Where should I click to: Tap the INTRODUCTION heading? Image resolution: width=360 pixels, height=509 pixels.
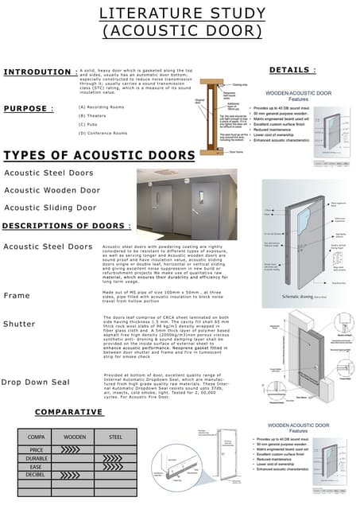pos(37,72)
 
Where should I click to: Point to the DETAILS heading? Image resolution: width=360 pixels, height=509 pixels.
pos(291,70)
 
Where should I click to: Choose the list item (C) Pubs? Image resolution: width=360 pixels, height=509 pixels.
pos(91,124)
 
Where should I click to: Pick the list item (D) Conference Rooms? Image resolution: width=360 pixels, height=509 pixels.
pos(103,133)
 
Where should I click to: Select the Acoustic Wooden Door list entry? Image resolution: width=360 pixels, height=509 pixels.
pos(52,190)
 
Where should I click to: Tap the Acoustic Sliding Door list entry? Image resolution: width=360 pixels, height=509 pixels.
pos(50,208)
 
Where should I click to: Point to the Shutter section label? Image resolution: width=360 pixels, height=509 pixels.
pos(19,324)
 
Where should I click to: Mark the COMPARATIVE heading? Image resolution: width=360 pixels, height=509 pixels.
pos(72,412)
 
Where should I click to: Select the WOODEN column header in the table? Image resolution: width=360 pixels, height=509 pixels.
pos(75,437)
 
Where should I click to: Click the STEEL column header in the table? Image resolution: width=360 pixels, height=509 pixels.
pos(115,437)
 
